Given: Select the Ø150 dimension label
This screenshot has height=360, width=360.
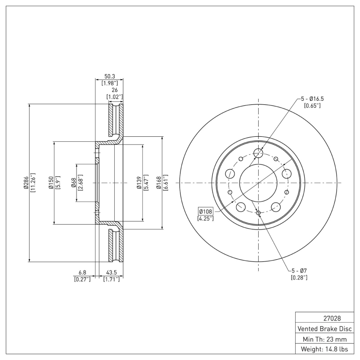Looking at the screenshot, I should click(51, 183).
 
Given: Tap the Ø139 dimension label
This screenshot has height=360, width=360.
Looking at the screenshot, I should click(139, 183).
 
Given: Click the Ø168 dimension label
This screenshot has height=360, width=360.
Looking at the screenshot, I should click(159, 183).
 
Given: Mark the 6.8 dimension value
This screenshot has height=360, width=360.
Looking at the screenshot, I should click(82, 273).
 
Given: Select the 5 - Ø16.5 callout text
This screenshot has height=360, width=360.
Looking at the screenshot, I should click(312, 99).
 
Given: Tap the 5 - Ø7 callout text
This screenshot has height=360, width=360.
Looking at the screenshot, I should click(299, 270).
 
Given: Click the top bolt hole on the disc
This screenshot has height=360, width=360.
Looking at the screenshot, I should click(258, 153).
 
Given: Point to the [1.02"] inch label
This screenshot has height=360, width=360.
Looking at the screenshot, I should click(114, 97).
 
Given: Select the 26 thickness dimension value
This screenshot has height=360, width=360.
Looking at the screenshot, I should click(114, 90).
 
